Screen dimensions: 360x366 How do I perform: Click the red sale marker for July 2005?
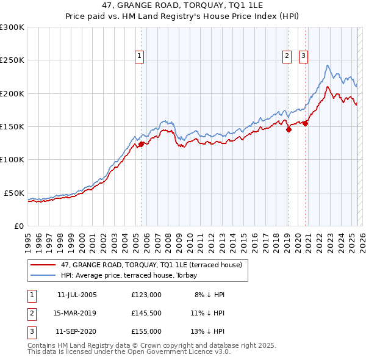point(141,145)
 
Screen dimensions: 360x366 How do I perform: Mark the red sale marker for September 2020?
point(305,123)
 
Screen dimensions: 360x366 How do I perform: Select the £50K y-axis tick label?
point(15,193)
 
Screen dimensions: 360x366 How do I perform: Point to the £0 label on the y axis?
point(20,226)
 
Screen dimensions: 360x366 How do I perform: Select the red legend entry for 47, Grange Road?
point(151,265)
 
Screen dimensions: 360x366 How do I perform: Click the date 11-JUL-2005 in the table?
point(77,294)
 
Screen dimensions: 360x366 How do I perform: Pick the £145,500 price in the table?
point(146,313)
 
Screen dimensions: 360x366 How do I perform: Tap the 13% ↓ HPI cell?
point(207,332)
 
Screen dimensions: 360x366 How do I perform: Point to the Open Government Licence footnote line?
point(129,352)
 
